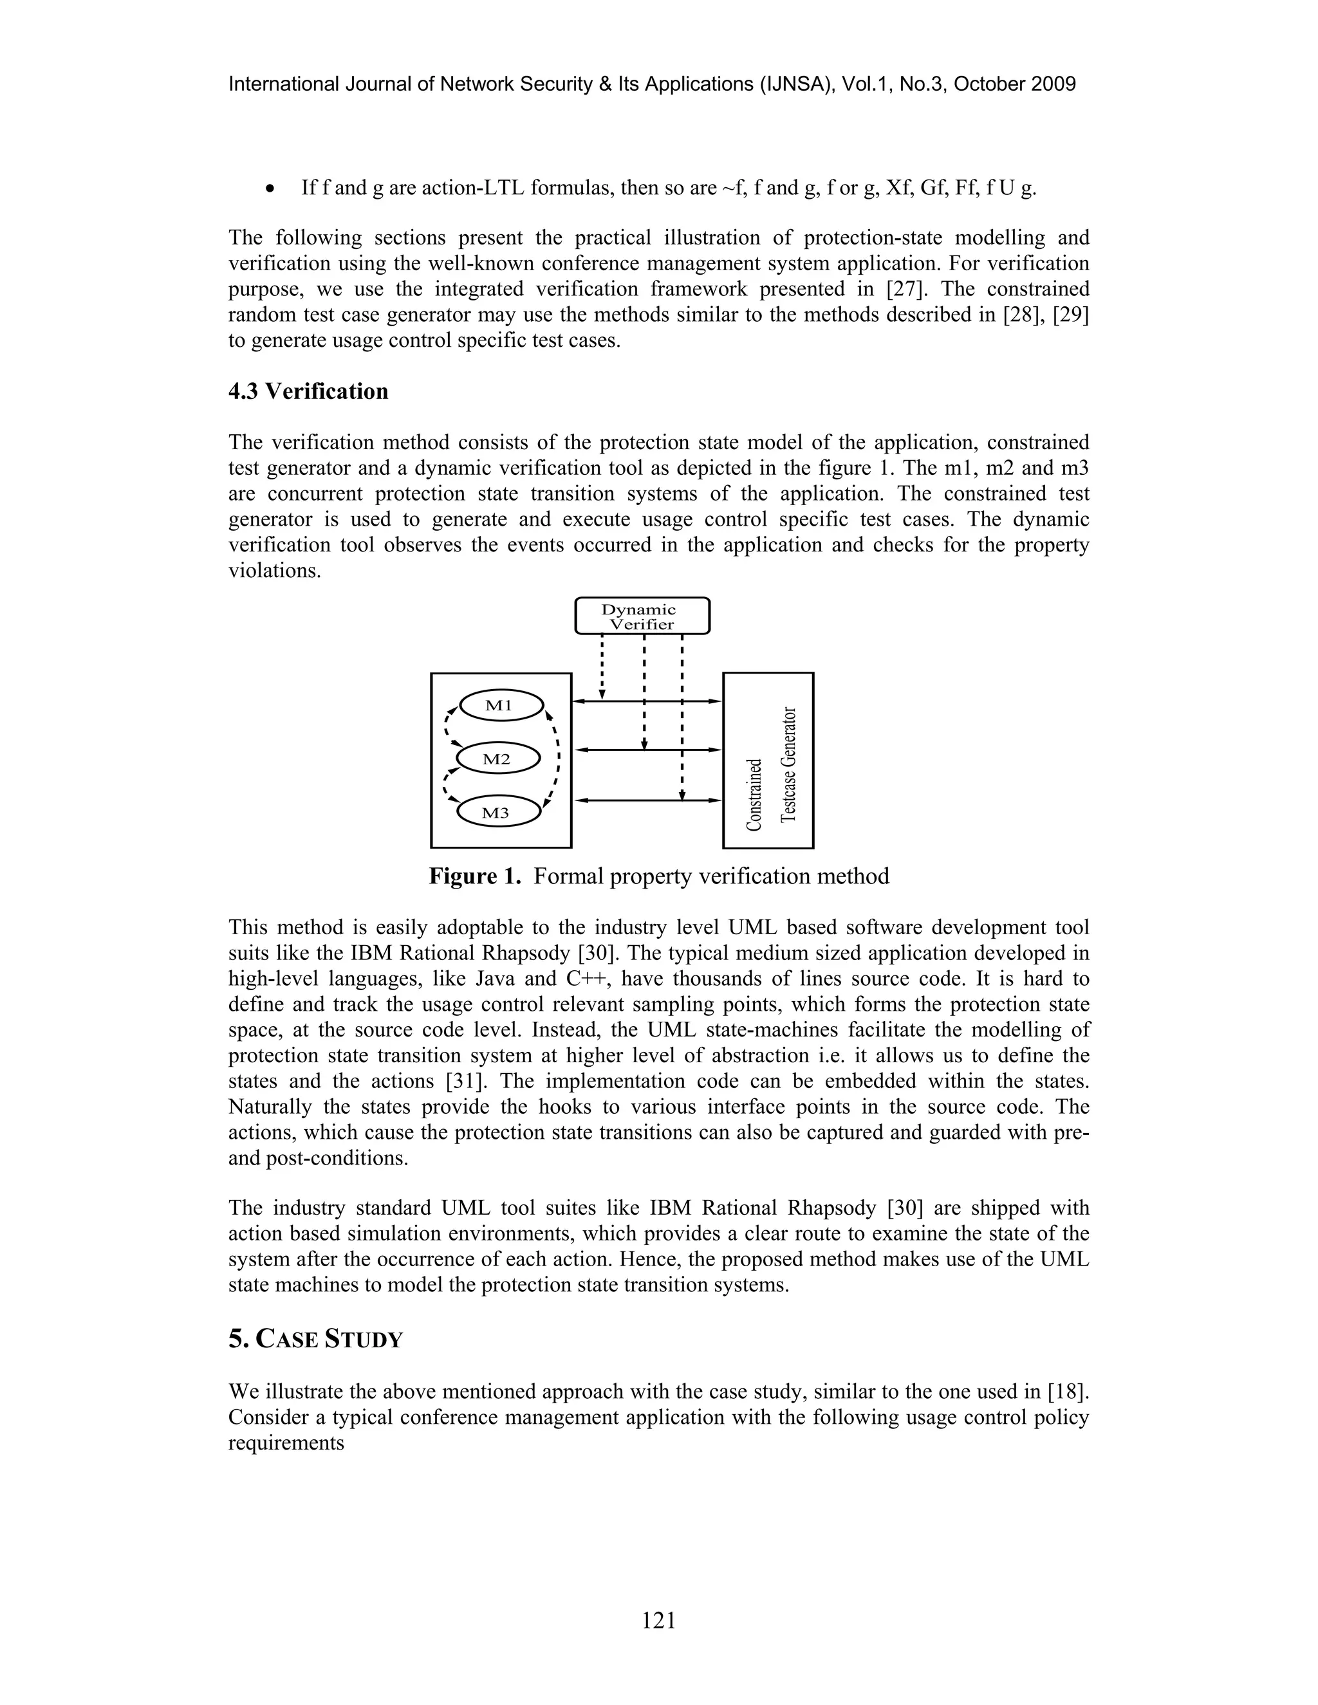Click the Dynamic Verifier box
click(x=642, y=616)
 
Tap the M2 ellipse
click(x=498, y=759)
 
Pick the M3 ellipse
click(x=497, y=813)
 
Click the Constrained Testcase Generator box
click(x=768, y=760)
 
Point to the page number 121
click(x=658, y=1621)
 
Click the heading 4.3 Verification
click(x=308, y=391)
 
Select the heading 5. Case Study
click(x=315, y=1340)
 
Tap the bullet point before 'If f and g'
click(x=270, y=189)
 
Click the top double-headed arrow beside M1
click(x=647, y=701)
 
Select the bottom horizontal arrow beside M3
click(x=647, y=800)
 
